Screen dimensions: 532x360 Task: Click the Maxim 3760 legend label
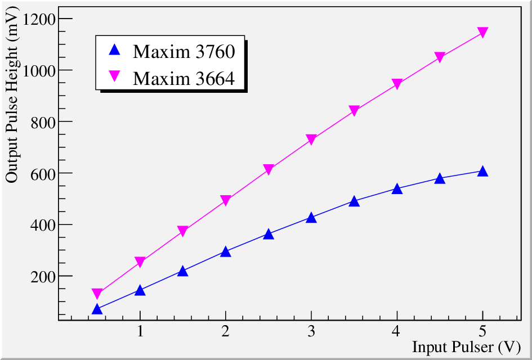pyautogui.click(x=184, y=52)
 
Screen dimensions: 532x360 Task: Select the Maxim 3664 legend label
pyautogui.click(x=184, y=78)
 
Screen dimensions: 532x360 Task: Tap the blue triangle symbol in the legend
pyautogui.click(x=115, y=51)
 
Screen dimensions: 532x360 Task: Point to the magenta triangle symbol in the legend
pyautogui.click(x=115, y=76)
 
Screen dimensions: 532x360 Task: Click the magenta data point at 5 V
pyautogui.click(x=482, y=33)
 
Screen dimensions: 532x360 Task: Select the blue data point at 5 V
pyautogui.click(x=482, y=172)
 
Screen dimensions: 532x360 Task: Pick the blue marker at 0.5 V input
pyautogui.click(x=97, y=309)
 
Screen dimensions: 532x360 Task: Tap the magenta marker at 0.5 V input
pyautogui.click(x=97, y=294)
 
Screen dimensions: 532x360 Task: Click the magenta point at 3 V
pyautogui.click(x=311, y=139)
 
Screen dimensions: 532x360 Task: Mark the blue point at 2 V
pyautogui.click(x=226, y=251)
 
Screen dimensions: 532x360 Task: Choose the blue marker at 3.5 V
pyautogui.click(x=354, y=201)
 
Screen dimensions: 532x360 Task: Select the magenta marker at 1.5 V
pyautogui.click(x=183, y=231)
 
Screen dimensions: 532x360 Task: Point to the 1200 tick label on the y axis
pyautogui.click(x=38, y=19)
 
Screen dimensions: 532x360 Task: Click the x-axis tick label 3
pyautogui.click(x=311, y=332)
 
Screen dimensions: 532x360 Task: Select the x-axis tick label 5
pyautogui.click(x=482, y=332)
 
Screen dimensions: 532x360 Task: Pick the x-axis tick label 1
pyautogui.click(x=140, y=332)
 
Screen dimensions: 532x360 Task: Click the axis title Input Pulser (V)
pyautogui.click(x=466, y=348)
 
